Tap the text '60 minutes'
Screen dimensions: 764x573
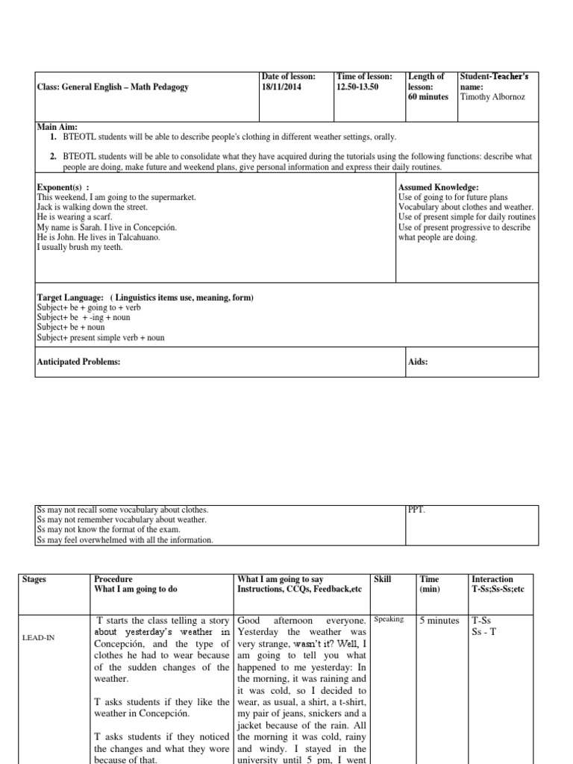click(x=428, y=96)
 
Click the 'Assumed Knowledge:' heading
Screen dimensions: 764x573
click(x=439, y=187)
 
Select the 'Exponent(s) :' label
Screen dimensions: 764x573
click(x=63, y=187)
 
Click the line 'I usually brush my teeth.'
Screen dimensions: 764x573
click(x=80, y=247)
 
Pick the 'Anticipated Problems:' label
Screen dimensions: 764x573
click(x=78, y=362)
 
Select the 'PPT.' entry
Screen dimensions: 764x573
click(x=416, y=510)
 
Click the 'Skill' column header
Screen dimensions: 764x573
click(x=382, y=579)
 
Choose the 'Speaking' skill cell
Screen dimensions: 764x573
click(x=389, y=619)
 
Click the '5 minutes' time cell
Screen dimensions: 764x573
click(x=439, y=620)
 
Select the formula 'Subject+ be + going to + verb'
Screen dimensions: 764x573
click(x=89, y=307)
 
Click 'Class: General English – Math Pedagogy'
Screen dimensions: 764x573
click(x=113, y=87)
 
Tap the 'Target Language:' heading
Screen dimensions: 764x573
click(x=71, y=298)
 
